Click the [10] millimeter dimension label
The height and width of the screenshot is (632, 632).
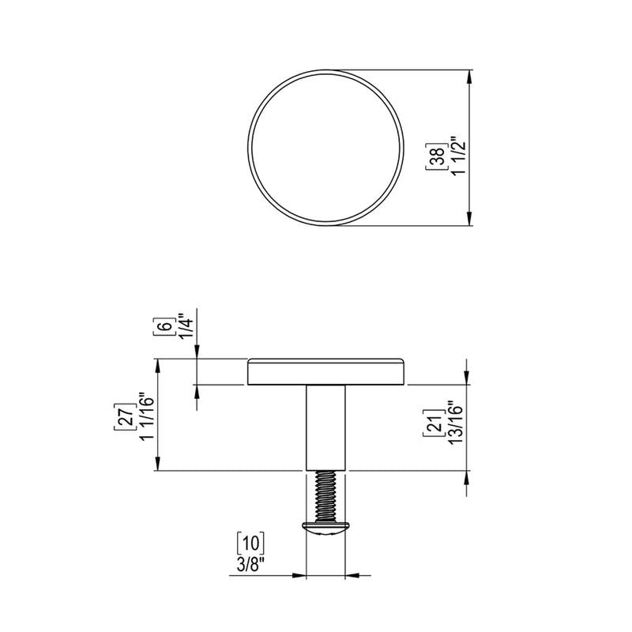[250, 543]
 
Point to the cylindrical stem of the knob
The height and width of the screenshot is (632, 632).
[326, 427]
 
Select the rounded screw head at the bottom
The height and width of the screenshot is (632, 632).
[325, 528]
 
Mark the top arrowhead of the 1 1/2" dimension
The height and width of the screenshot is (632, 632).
[470, 77]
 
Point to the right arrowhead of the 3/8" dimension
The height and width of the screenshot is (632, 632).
[353, 575]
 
